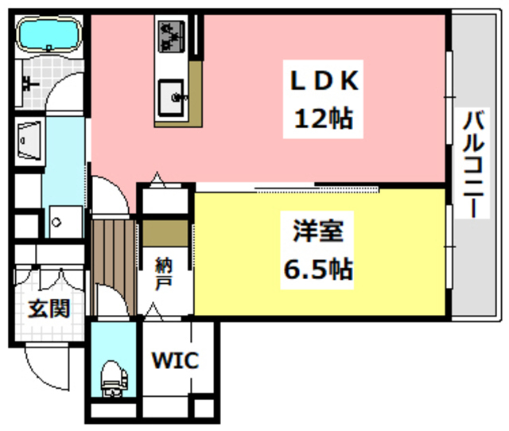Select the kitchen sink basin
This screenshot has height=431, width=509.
173,96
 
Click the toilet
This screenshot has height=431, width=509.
113,378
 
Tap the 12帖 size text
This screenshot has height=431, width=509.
324,119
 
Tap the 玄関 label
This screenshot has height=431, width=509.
47,309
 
